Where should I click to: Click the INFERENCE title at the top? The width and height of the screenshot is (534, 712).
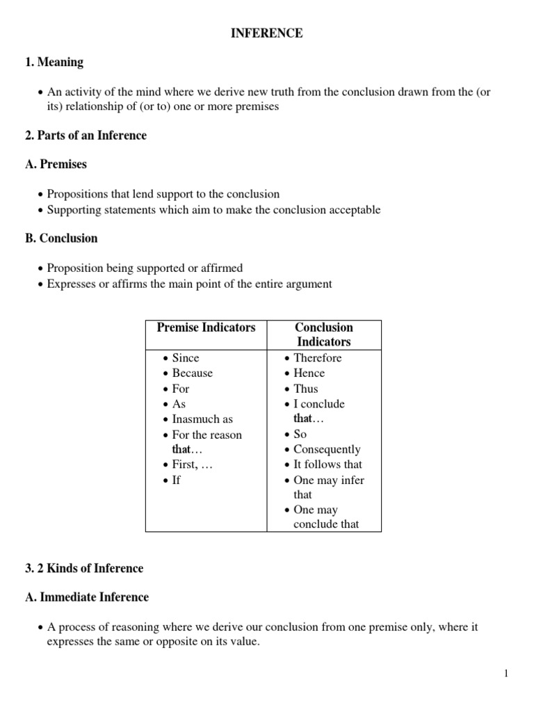[267, 33]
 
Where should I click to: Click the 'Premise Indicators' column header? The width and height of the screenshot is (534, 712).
[206, 327]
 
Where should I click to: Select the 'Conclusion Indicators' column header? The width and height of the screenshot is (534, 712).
[323, 334]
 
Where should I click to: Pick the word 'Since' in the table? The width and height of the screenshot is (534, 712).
[186, 358]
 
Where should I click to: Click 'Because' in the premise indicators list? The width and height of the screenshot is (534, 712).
[193, 373]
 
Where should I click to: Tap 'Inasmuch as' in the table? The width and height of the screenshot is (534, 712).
[202, 419]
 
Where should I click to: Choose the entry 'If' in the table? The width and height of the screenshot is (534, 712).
[177, 480]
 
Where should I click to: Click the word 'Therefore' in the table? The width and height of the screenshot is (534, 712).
[318, 358]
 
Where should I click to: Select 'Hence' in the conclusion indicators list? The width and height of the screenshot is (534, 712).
[309, 373]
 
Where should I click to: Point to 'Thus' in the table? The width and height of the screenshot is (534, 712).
[306, 389]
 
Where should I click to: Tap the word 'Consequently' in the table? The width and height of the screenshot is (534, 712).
[327, 449]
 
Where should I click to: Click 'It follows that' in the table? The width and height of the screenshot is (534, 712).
[327, 464]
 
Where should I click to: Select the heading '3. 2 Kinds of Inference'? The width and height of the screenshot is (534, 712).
[83, 569]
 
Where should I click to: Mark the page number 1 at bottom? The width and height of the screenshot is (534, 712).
[507, 673]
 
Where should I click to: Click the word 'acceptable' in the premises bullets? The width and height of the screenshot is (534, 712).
[354, 210]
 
